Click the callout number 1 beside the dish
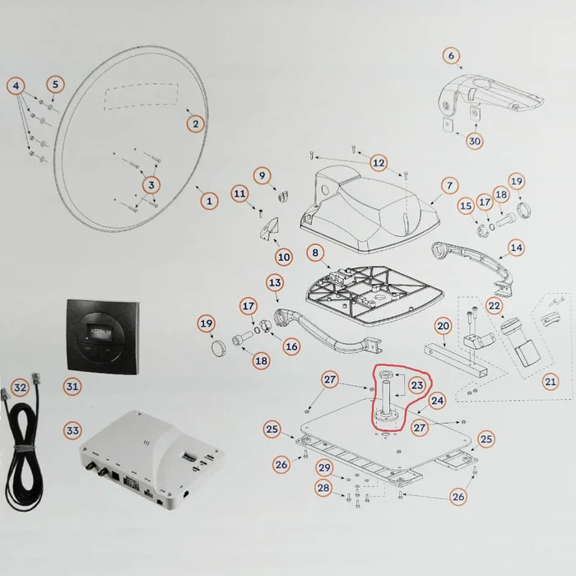point(209,199)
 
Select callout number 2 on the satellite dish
point(195,123)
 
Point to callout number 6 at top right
point(450,56)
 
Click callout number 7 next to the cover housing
point(450,186)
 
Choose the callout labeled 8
point(313,253)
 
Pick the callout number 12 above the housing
point(378,162)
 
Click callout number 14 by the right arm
point(516,247)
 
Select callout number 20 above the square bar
point(442,327)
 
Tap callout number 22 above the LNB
point(495,305)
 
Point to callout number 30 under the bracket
point(475,141)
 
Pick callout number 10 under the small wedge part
point(284,257)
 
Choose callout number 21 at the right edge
point(550,381)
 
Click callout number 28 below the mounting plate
point(324,488)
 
